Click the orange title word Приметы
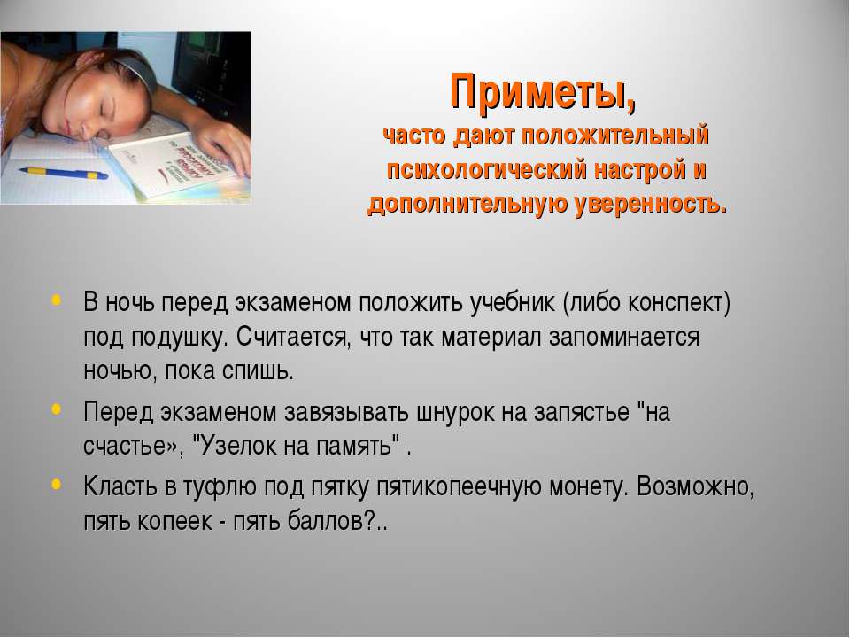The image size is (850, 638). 543,92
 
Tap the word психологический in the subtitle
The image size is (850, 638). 487,170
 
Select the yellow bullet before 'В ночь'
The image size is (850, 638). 57,300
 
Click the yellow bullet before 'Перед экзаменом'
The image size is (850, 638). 57,409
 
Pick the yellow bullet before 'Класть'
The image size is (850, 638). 57,484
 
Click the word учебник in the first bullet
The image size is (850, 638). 513,302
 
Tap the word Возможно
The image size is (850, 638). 696,486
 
